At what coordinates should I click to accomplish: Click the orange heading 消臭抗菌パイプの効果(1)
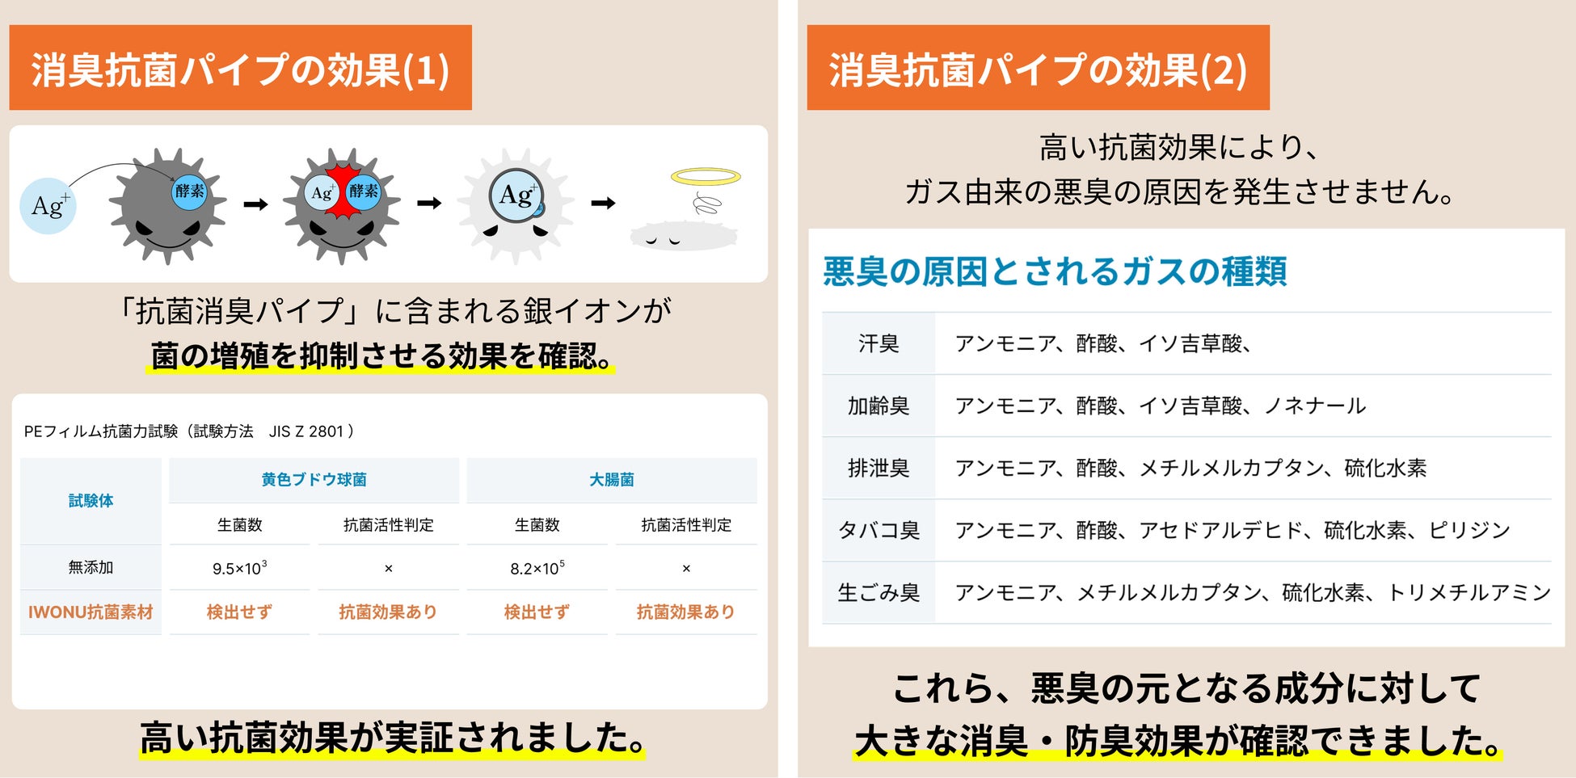(x=240, y=69)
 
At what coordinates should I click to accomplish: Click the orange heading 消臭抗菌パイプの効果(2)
(x=1038, y=69)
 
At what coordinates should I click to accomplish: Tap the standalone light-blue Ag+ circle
(x=48, y=205)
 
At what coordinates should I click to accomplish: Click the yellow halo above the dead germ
(x=706, y=176)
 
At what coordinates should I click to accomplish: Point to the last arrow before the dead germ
(x=602, y=204)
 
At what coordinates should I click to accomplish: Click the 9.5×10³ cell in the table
(x=239, y=568)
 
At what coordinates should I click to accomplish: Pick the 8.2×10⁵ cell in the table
(x=537, y=568)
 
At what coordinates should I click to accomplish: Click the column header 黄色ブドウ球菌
(x=314, y=480)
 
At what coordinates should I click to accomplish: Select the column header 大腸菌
(x=611, y=480)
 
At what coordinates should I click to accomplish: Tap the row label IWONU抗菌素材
(x=91, y=612)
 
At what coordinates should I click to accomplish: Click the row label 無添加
(x=91, y=567)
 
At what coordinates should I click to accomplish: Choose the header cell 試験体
(x=91, y=501)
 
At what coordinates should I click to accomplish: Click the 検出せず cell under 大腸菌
(x=537, y=612)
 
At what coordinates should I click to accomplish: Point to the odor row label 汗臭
(x=879, y=343)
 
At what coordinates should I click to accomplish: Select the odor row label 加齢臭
(x=879, y=406)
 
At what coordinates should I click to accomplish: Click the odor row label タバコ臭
(x=879, y=530)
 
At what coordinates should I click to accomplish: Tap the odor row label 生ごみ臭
(x=879, y=592)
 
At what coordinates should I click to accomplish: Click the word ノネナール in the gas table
(x=1315, y=406)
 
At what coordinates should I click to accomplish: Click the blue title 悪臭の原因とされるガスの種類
(x=1055, y=271)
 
